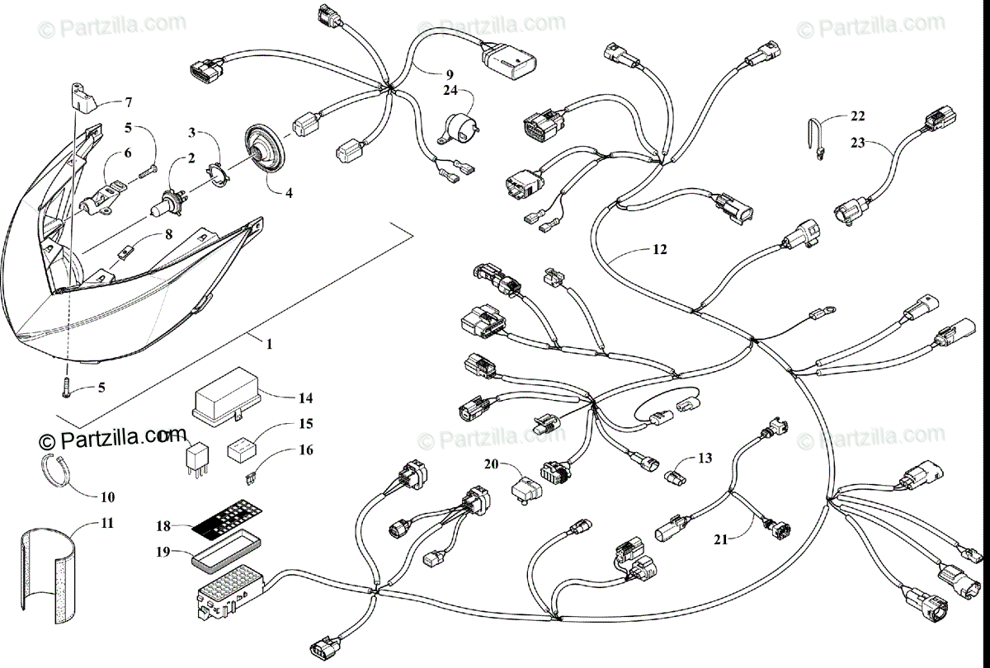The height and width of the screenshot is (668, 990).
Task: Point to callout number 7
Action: (129, 102)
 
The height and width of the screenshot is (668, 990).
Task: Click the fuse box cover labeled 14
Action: (225, 395)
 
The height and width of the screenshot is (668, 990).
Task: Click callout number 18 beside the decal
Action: (163, 525)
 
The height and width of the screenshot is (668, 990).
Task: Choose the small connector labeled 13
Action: (672, 476)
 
